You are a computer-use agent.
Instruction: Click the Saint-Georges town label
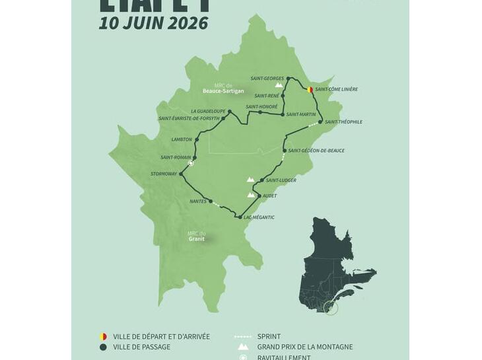pos(267,79)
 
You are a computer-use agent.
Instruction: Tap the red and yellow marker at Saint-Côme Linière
pos(310,89)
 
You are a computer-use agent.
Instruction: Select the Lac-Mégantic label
pos(259,217)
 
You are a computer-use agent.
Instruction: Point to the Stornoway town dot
pos(181,174)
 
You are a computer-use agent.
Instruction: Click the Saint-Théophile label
pos(343,122)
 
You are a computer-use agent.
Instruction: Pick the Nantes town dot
pos(211,201)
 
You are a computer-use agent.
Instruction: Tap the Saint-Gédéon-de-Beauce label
pos(316,151)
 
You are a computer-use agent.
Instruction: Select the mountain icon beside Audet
pos(251,195)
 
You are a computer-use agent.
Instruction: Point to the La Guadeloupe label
pos(207,111)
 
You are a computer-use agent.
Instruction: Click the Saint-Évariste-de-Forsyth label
pos(189,119)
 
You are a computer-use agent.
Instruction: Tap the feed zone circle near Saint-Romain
pos(190,162)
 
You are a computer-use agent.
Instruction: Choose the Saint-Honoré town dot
pos(260,112)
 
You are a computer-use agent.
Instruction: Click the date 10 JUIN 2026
pos(153,23)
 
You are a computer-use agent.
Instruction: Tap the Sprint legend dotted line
pos(243,337)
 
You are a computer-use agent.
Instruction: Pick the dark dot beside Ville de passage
pos(103,347)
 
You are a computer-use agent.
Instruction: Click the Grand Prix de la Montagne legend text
pos(304,347)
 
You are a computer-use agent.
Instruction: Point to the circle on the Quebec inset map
pos(331,308)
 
